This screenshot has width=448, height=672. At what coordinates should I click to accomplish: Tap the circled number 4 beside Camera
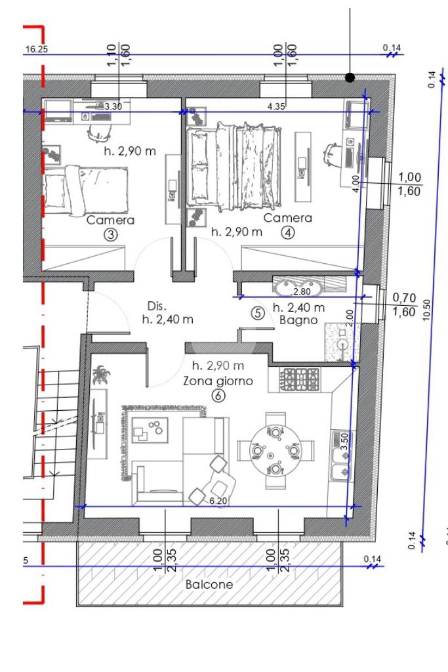coord(288,233)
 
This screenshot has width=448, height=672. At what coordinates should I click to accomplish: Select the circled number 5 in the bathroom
coord(257,313)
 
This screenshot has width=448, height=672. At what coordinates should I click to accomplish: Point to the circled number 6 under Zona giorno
coord(218,395)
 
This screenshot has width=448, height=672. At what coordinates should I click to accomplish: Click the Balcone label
coord(209,584)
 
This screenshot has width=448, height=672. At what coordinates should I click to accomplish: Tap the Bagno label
coord(298,320)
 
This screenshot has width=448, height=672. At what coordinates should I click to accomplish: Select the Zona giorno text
coord(218,381)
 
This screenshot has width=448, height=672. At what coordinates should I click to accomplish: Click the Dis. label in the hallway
coord(157,306)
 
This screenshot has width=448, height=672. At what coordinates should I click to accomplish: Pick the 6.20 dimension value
coord(218,501)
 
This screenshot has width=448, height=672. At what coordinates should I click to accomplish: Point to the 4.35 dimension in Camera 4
coord(276,106)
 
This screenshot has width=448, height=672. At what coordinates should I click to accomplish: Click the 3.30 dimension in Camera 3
coord(113,106)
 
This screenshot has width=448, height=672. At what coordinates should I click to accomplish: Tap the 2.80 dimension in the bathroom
coord(302,291)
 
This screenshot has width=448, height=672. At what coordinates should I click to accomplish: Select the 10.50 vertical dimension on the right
coord(426,310)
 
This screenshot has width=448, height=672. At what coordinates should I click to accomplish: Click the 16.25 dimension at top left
coord(37,49)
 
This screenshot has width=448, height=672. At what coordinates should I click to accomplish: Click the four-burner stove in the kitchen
coord(300,380)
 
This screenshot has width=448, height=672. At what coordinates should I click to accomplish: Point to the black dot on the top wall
coord(350,77)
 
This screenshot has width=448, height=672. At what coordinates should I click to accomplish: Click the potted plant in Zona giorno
coord(100,375)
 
